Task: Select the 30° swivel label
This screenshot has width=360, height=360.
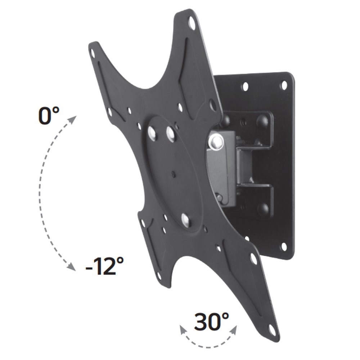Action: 211,322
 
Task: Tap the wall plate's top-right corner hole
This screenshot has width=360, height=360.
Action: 284,85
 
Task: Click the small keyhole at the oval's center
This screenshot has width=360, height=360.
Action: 173,175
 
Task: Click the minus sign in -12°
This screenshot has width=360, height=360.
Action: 90,268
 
